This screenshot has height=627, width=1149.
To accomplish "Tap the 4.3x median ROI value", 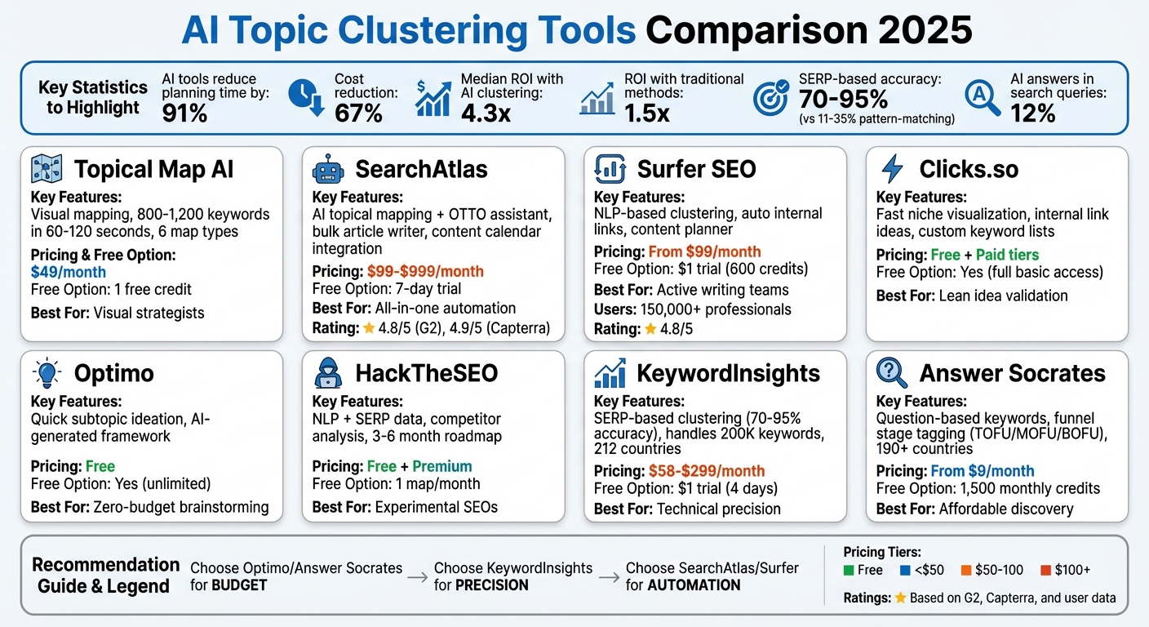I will coord(486,113).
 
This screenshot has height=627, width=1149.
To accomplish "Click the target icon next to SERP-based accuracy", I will coord(770,96).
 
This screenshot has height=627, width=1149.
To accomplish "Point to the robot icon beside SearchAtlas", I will coord(328,170).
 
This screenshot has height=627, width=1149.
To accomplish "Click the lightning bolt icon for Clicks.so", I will coord(892,169).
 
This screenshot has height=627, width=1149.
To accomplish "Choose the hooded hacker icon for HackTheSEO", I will coord(328,373).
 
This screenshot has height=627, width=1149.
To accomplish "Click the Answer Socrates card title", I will coord(1012,373).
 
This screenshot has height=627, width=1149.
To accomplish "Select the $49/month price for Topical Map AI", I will coord(69,272).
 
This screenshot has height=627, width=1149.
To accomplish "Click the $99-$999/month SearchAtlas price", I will coord(425,271).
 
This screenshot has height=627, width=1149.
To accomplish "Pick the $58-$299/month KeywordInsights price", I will coord(707,471).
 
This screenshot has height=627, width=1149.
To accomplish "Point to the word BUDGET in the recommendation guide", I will coord(239,585).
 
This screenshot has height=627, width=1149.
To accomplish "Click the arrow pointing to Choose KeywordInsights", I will coord(417,576).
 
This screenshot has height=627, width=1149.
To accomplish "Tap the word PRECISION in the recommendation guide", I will coord(492,585).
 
